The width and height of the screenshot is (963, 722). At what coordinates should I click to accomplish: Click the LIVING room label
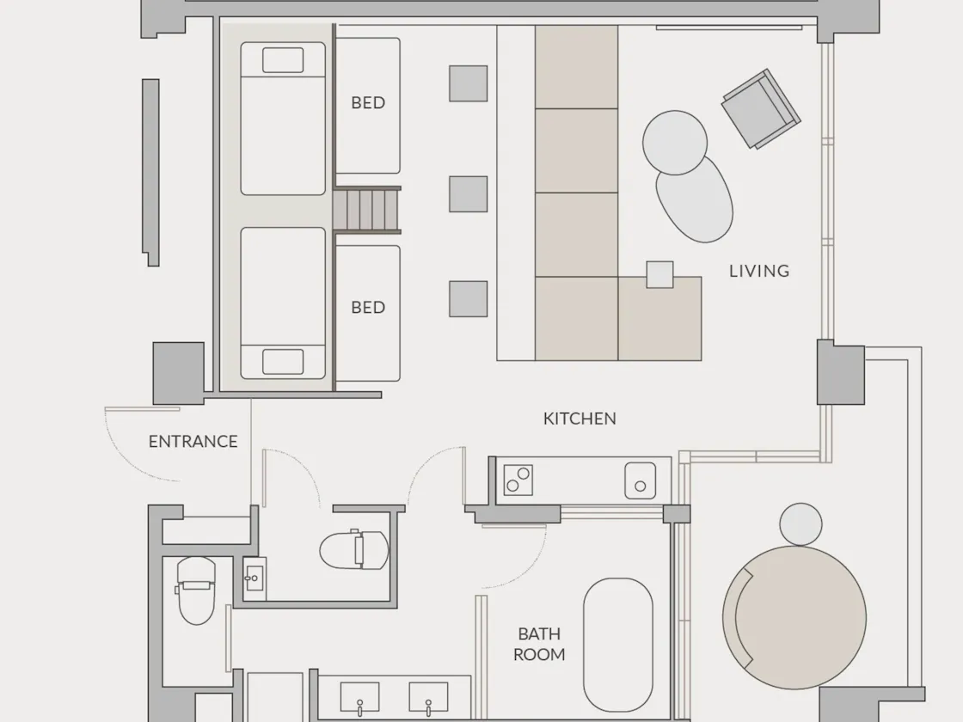tap(759, 271)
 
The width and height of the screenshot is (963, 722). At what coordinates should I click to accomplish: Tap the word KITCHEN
tap(580, 419)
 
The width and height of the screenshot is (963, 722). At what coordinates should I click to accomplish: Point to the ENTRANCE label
tap(193, 442)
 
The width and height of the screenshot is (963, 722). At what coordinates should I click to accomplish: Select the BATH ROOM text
tap(539, 644)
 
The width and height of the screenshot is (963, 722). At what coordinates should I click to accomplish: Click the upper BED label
tap(368, 102)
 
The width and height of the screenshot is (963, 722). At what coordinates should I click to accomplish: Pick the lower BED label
tap(368, 307)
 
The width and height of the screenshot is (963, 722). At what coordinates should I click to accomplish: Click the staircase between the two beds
tap(367, 210)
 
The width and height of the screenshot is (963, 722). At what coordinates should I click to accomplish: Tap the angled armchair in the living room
tap(761, 108)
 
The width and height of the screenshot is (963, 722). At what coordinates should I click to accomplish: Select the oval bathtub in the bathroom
tap(618, 645)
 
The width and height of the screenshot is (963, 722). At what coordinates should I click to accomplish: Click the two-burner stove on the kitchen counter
tap(518, 480)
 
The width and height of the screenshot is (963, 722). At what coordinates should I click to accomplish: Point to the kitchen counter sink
tap(640, 480)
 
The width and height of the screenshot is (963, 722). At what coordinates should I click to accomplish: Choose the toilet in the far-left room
tap(196, 590)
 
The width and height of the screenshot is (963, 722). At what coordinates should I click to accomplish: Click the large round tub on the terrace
tap(794, 617)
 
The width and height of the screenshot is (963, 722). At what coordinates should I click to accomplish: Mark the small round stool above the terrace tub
tap(800, 524)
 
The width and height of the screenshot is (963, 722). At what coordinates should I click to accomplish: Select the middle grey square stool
tap(468, 194)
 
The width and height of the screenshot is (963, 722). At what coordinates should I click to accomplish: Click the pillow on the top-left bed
tap(283, 60)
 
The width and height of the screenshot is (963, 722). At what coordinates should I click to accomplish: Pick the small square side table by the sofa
tap(659, 274)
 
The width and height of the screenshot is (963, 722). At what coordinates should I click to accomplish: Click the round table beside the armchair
tap(675, 143)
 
